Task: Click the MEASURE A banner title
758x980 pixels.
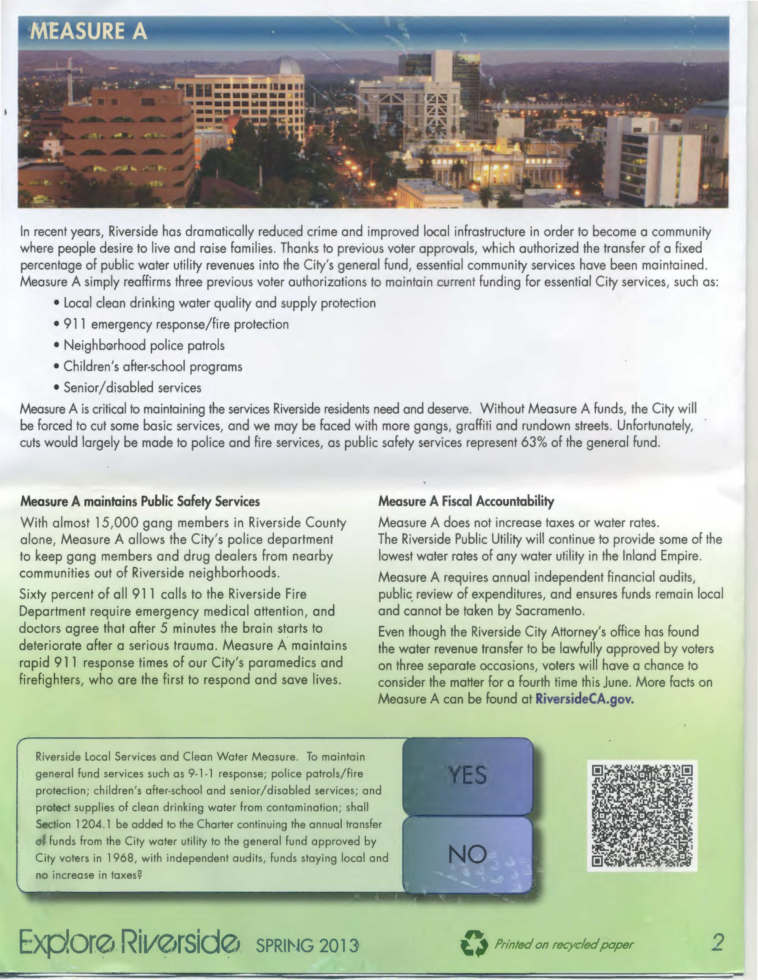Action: point(89,31)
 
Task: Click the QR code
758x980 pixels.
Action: point(642,815)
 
